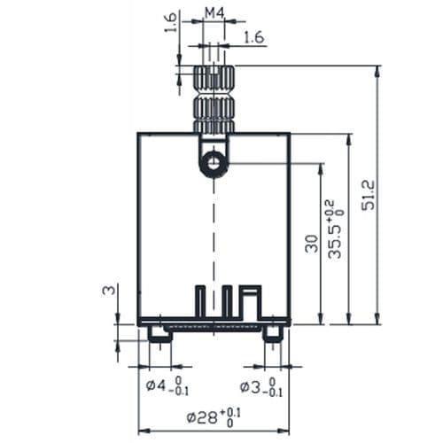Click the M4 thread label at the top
point(214,12)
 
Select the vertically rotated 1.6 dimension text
point(170,22)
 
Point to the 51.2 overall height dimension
point(369,195)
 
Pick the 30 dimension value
point(311,243)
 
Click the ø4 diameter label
point(157,385)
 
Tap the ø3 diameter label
point(252,385)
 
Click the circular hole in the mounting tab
point(213,163)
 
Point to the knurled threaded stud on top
point(214,98)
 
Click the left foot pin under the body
point(159,333)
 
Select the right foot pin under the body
point(272,333)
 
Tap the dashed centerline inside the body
point(214,239)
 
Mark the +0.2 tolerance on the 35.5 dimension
point(330,208)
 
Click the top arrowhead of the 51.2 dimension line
point(378,70)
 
